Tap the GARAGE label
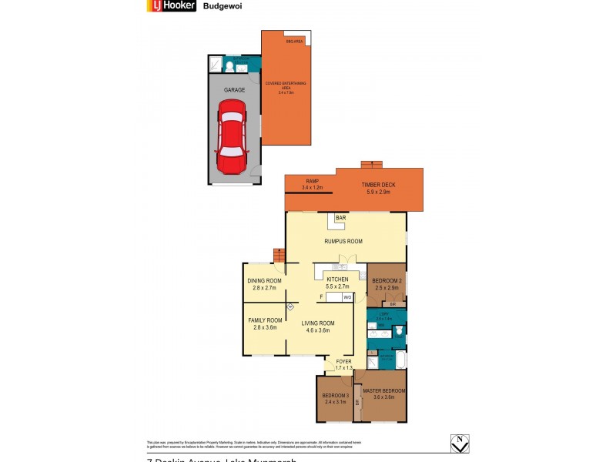[x=234, y=90]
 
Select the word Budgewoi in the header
[x=219, y=7]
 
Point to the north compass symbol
[x=459, y=444]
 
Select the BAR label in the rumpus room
[x=340, y=219]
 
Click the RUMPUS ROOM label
[x=343, y=241]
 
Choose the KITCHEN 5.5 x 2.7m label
[x=337, y=283]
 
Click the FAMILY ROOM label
[x=263, y=324]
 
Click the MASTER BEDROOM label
[x=383, y=393]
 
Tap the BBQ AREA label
[x=294, y=41]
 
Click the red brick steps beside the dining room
[x=280, y=255]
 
